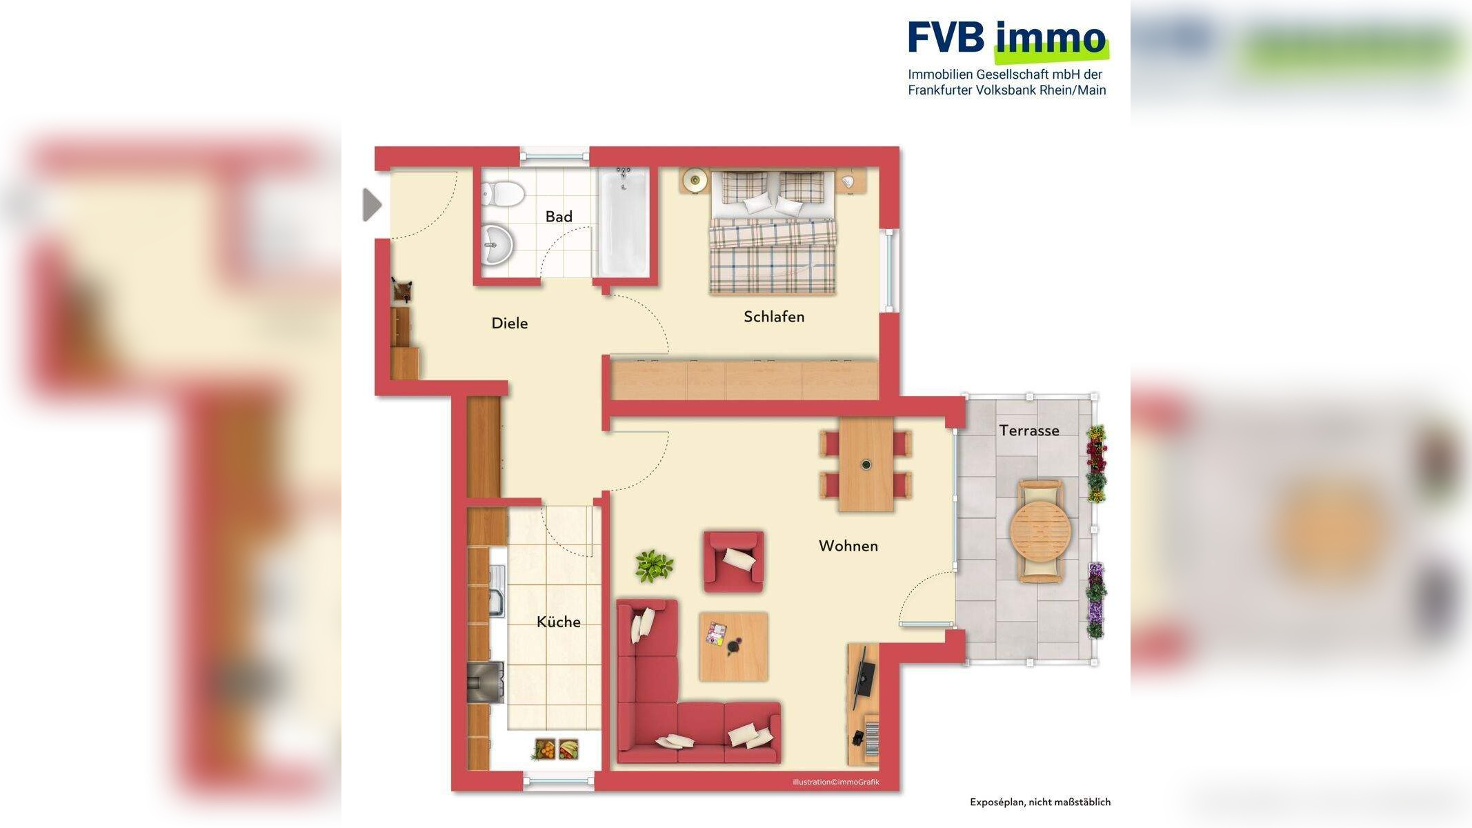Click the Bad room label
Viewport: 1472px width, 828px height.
point(559,217)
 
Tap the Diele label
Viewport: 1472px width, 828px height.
point(509,323)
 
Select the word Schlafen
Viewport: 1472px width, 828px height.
point(773,317)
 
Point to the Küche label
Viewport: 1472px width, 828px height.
point(558,622)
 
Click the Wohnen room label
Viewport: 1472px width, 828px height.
point(848,546)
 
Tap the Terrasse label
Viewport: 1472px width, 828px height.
point(1028,431)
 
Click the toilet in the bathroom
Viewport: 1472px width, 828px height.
point(503,193)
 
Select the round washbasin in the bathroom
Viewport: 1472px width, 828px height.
point(497,244)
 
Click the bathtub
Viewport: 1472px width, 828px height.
point(623,222)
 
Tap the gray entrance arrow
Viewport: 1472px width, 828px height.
point(372,205)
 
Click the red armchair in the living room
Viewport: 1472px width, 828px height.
point(733,560)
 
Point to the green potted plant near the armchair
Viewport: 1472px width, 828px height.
point(653,566)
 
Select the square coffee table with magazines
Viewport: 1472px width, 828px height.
point(733,646)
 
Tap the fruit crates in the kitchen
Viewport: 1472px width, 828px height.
point(557,749)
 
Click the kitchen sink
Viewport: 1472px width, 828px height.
point(497,591)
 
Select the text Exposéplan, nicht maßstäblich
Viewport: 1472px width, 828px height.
point(1040,802)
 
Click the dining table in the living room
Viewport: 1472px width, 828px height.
point(866,464)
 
